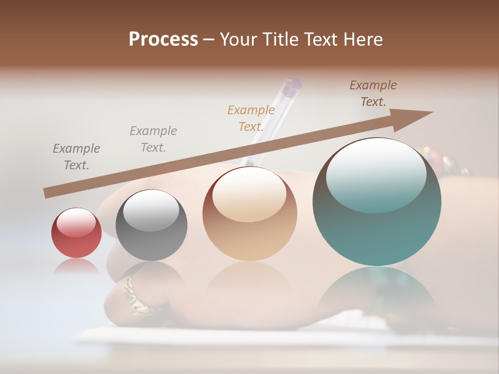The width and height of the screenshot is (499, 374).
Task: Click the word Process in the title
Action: click(x=163, y=39)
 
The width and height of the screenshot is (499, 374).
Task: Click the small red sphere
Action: click(x=76, y=233)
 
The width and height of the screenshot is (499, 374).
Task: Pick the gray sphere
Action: click(x=151, y=225)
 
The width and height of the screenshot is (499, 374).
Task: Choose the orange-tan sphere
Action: click(x=249, y=213)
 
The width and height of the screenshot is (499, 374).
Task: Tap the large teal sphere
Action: click(x=377, y=202)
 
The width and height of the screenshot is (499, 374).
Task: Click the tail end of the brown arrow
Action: click(x=47, y=193)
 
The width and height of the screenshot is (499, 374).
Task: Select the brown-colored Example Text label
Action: click(x=373, y=94)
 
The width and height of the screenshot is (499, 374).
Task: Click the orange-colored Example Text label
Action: click(x=251, y=118)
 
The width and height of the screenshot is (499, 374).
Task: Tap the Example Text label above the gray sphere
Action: click(x=153, y=139)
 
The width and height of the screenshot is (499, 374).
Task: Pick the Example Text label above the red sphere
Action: click(x=76, y=156)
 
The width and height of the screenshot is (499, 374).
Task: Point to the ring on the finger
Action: click(x=135, y=297)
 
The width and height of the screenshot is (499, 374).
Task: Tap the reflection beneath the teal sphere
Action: click(x=377, y=291)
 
